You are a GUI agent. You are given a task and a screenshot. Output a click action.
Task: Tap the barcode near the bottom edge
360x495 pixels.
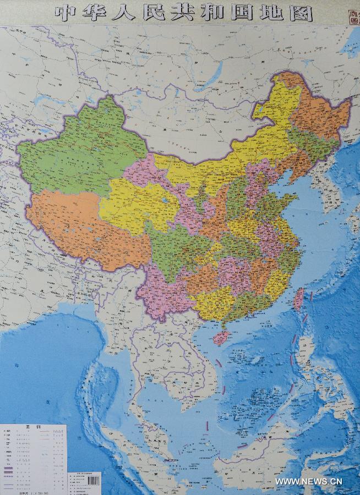[x=94, y=480]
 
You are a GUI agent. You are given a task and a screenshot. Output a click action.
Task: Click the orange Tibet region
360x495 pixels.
[x=83, y=226]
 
